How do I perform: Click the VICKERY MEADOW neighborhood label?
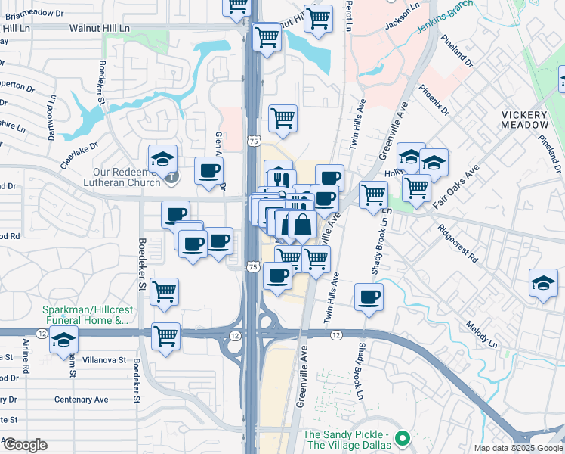[x=524, y=120]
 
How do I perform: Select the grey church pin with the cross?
[x=173, y=179]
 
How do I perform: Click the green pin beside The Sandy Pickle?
[x=403, y=438]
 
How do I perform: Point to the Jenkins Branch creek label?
[x=445, y=17]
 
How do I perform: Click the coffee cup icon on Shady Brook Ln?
[x=368, y=296]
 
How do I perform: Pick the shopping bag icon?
[x=302, y=224]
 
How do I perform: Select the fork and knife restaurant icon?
[x=278, y=176]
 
